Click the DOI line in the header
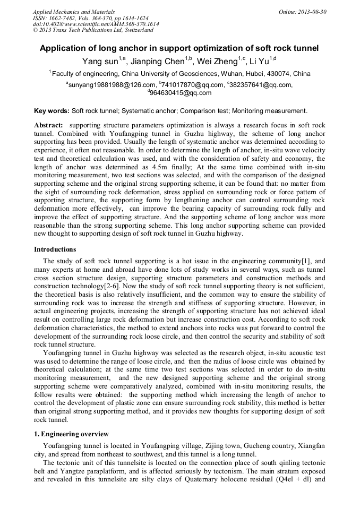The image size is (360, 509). [96, 24]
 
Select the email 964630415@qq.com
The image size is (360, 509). [181, 93]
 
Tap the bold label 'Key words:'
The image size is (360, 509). [52, 111]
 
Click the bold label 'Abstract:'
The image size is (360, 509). [48, 125]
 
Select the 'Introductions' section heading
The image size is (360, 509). [55, 249]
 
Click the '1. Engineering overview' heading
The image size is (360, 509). [71, 434]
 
